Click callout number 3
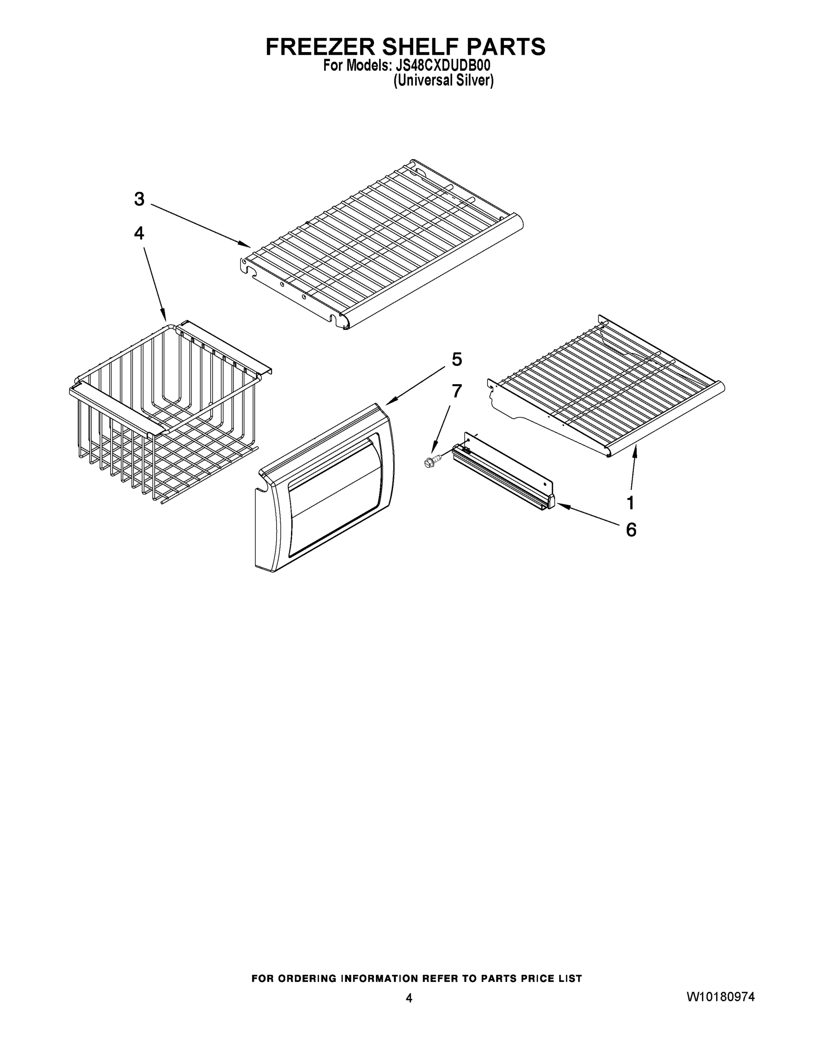tap(139, 199)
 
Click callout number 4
tap(139, 234)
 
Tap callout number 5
tap(457, 359)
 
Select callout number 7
tap(457, 391)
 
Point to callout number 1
tap(630, 503)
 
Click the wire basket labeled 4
tap(165, 413)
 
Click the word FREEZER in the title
tap(320, 47)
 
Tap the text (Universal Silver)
tap(443, 80)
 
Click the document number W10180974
tap(721, 997)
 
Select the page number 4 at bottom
tap(409, 998)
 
